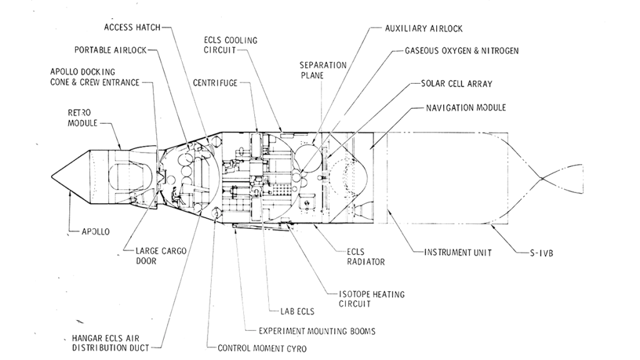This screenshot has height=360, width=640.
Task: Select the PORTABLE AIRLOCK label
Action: point(110,49)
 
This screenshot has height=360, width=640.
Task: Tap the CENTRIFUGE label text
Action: point(215,82)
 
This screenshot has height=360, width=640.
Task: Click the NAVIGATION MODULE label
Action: point(466,107)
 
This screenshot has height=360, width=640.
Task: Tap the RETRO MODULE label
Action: point(82,117)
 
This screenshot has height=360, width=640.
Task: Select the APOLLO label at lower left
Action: point(96,231)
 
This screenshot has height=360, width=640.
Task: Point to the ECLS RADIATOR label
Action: point(366,257)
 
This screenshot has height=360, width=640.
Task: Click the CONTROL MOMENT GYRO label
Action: point(262,348)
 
